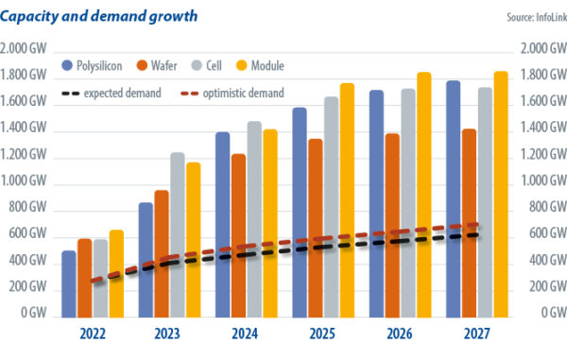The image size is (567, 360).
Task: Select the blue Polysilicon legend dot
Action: coord(69,66)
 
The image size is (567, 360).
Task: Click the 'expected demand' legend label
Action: coord(121,93)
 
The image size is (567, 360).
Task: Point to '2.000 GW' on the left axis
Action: coord(27,49)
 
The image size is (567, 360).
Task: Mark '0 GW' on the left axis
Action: coord(37,312)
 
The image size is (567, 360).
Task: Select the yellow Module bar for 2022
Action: coord(115,274)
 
